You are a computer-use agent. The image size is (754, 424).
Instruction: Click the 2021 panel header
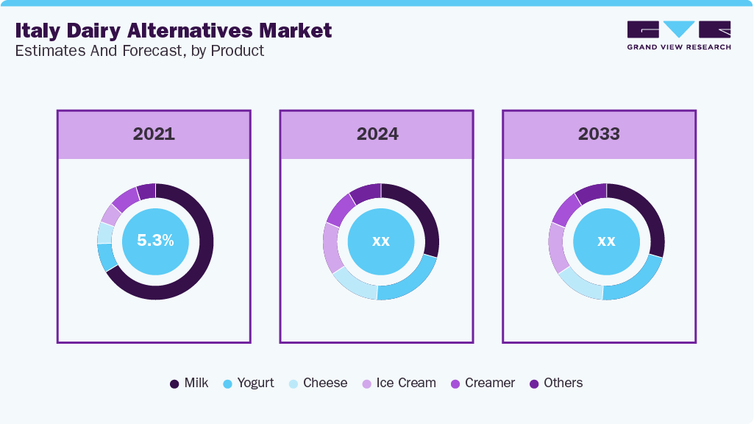point(154,134)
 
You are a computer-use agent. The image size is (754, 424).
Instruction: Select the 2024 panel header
point(377,134)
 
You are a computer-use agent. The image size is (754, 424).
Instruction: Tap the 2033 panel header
point(599,134)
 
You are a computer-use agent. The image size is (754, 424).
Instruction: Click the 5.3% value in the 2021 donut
point(155,240)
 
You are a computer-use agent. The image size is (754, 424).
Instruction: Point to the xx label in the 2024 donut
point(380,241)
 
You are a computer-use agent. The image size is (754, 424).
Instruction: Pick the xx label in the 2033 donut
point(605,241)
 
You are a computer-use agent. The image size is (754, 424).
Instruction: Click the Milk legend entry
point(190,383)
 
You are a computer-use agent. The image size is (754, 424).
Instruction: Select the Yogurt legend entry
point(249,383)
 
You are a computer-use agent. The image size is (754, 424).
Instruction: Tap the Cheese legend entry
point(318,383)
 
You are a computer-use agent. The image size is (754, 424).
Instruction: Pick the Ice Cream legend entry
point(398,383)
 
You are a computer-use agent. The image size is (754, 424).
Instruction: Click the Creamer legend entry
point(483,383)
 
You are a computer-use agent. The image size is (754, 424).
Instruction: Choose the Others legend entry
point(556,383)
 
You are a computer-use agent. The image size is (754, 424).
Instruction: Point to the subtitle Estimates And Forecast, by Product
point(139,51)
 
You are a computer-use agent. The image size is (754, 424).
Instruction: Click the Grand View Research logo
point(678,35)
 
